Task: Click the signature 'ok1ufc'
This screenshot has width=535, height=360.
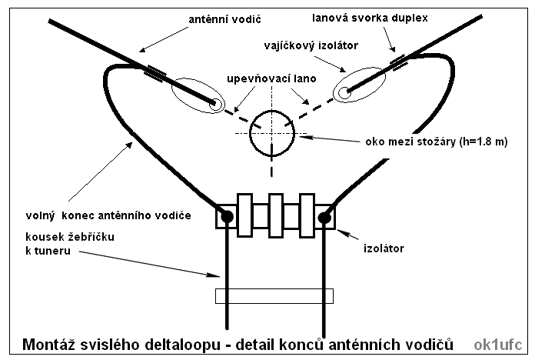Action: point(500,343)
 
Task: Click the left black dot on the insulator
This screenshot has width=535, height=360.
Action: point(228,218)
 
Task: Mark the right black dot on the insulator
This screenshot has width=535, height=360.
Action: point(324,218)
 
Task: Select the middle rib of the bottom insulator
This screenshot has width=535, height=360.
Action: point(276,217)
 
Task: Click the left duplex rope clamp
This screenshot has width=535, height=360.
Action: point(155,72)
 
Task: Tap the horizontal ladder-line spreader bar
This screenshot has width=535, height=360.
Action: point(275,295)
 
